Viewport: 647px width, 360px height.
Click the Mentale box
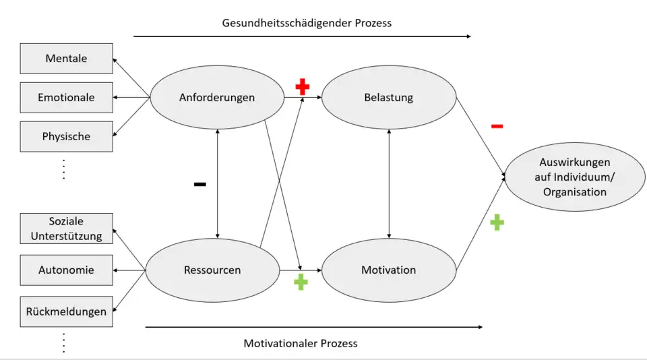[x=66, y=59]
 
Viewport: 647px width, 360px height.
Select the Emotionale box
[x=66, y=98]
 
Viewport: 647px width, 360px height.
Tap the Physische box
[x=66, y=137]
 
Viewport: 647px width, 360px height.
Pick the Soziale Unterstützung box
[x=66, y=229]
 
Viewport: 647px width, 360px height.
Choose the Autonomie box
[x=66, y=270]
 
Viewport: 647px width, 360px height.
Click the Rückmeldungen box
[x=66, y=311]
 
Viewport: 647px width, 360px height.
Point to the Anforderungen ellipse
[x=217, y=98]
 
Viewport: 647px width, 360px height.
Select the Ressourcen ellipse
[x=212, y=270]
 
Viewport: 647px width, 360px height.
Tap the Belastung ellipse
[x=388, y=98]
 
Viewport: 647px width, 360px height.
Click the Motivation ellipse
[x=388, y=270]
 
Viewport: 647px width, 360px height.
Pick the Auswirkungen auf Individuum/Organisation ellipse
[x=575, y=177]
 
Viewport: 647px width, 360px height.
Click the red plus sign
[x=303, y=86]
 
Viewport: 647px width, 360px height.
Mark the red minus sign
[x=497, y=126]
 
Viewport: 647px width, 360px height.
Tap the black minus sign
[x=200, y=184]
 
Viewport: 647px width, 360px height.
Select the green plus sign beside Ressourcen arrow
[x=301, y=282]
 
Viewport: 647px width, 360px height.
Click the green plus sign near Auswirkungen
[x=497, y=222]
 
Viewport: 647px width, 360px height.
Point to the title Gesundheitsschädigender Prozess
[x=307, y=23]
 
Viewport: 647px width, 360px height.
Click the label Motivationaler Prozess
[x=301, y=343]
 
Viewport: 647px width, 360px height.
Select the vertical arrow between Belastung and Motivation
[x=389, y=183]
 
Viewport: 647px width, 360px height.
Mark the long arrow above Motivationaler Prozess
[x=313, y=328]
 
